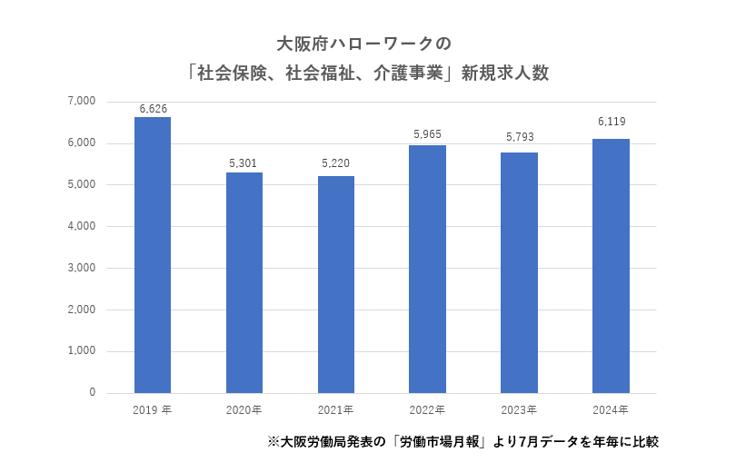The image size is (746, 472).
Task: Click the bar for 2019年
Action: [x=153, y=255]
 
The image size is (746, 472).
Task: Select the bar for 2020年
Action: [x=244, y=282]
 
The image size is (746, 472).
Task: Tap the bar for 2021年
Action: [x=336, y=284]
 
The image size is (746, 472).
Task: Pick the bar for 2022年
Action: [x=428, y=269]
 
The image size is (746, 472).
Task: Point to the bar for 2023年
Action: [x=520, y=272]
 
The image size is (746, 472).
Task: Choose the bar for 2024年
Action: [x=612, y=266]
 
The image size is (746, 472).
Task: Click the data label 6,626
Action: [x=153, y=109]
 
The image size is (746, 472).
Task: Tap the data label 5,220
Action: [x=336, y=164]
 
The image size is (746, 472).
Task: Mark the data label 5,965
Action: [x=428, y=134]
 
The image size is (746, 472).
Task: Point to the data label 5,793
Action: [x=520, y=138]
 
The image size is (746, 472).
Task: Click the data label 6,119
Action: [x=612, y=121]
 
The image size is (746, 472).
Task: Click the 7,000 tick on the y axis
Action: [x=81, y=102]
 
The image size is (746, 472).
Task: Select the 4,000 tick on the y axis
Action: [x=81, y=226]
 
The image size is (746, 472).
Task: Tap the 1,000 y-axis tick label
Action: [x=81, y=351]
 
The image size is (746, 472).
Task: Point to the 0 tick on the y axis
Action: [x=92, y=393]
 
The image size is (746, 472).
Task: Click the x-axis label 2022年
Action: [x=428, y=410]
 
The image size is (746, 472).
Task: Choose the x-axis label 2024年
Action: [x=612, y=410]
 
